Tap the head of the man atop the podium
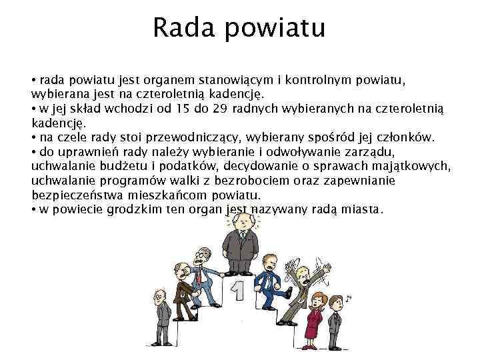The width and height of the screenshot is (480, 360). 243,221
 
